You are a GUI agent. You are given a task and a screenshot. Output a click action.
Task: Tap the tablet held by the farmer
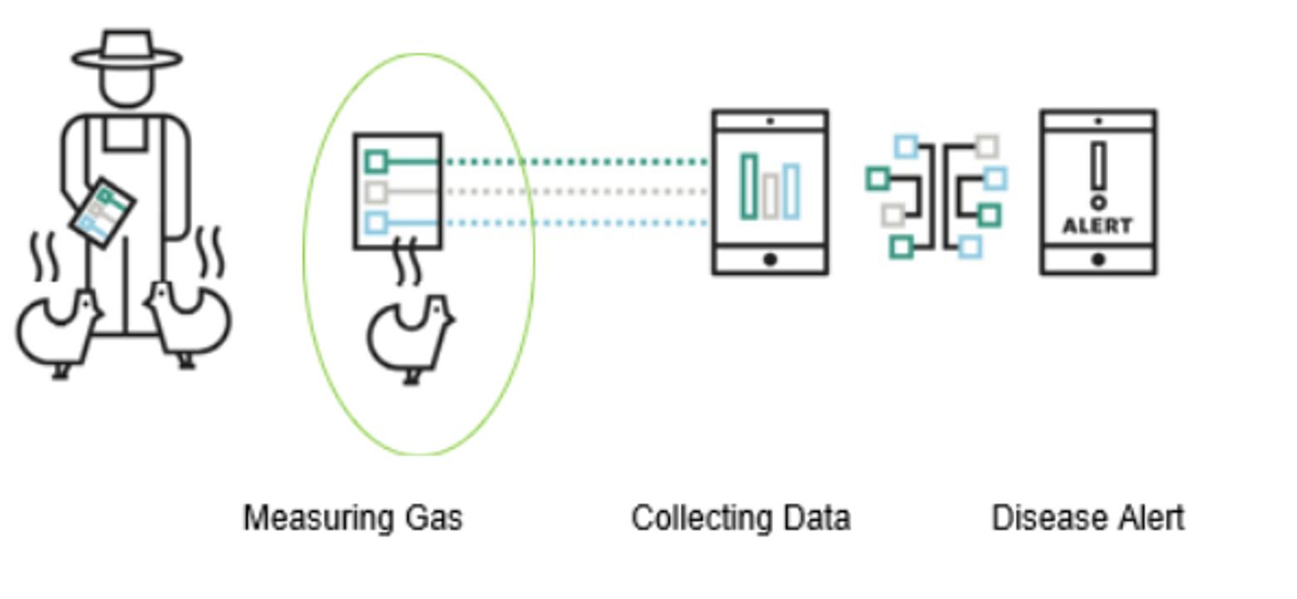(101, 212)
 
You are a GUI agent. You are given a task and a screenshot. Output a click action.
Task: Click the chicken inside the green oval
(410, 337)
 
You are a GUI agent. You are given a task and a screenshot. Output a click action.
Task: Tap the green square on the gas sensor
(376, 161)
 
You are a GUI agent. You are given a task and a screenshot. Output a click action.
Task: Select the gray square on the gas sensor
(376, 192)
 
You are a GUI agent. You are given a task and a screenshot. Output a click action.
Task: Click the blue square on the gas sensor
(376, 222)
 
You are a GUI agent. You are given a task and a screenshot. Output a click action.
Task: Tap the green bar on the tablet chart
(749, 187)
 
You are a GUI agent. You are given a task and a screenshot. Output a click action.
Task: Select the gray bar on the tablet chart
(770, 196)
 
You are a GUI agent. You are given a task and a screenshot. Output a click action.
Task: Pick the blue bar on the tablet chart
(791, 191)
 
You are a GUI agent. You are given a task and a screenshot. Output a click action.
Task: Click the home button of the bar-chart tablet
(770, 260)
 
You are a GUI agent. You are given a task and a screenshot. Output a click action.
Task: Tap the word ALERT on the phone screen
(1097, 226)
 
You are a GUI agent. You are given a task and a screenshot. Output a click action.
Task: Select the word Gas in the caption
(433, 517)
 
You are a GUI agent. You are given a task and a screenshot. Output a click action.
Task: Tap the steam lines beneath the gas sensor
(406, 261)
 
